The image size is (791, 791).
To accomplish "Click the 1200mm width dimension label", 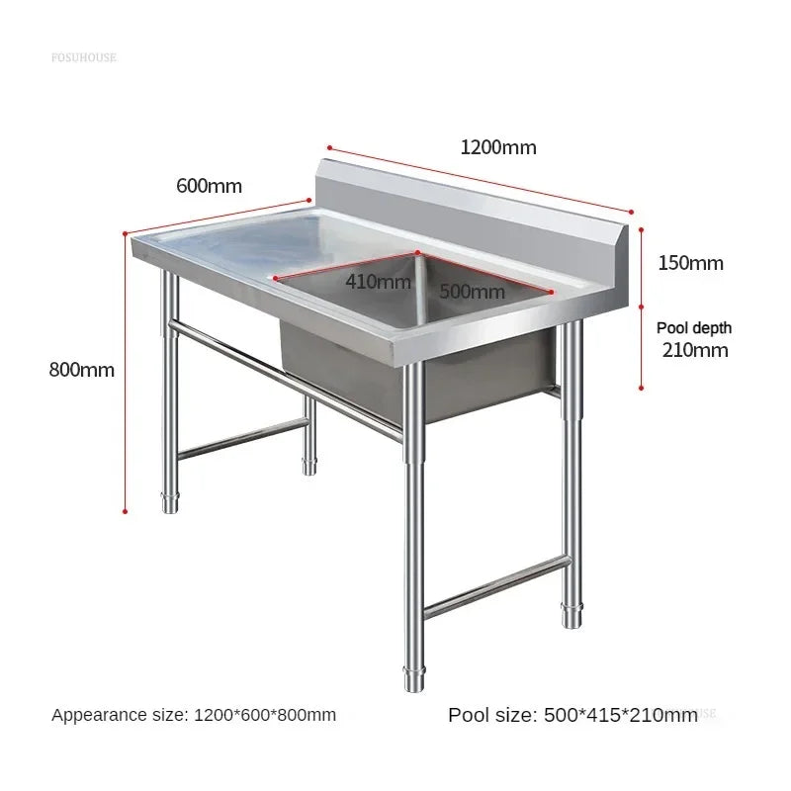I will click(498, 148).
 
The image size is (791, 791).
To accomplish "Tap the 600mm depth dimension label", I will click(209, 186).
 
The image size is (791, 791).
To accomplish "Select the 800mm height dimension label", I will click(82, 371).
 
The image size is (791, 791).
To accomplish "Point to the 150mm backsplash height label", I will click(690, 263).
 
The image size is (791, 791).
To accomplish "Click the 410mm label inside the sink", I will click(378, 282).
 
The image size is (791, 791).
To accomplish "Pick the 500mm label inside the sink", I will click(472, 292).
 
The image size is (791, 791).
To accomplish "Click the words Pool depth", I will click(694, 327).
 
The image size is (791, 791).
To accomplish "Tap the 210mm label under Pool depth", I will click(695, 350).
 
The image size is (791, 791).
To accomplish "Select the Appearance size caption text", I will click(194, 715).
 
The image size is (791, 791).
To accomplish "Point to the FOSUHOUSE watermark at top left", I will click(83, 57).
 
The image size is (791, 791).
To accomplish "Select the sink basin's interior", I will click(415, 307).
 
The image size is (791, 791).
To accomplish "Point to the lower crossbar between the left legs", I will click(242, 437).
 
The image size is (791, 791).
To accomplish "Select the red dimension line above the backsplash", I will click(479, 179).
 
